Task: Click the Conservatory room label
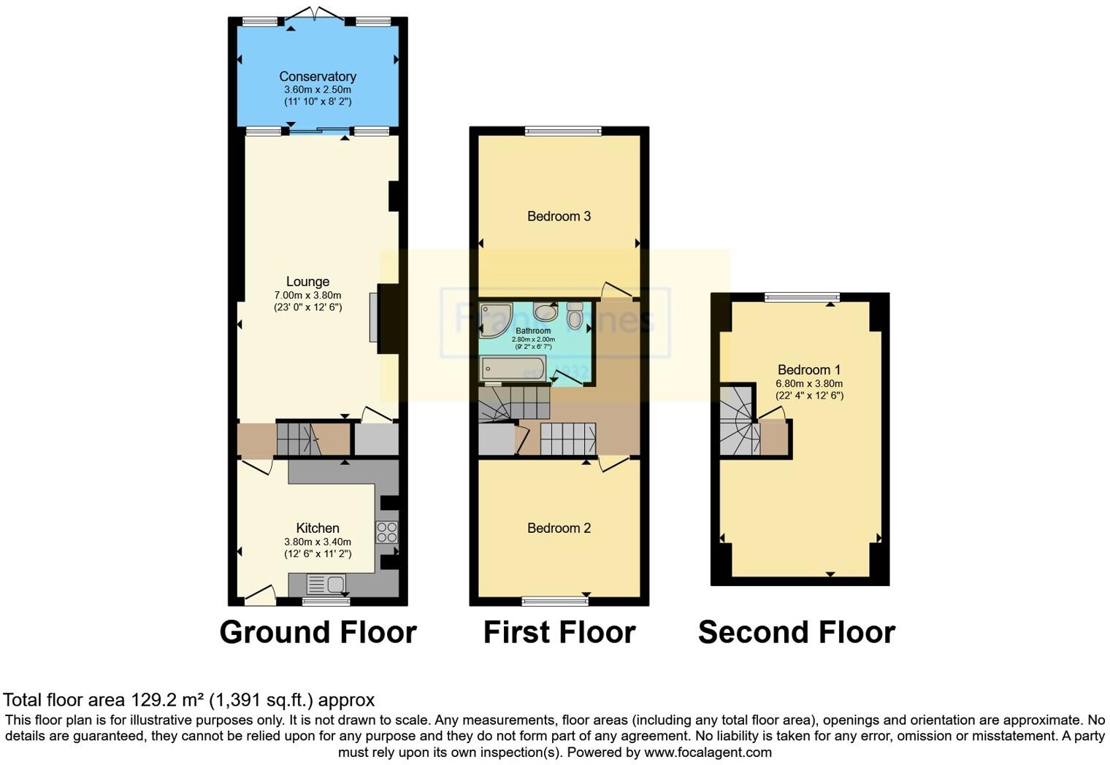tap(318, 77)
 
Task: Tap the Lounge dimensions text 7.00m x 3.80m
tap(307, 295)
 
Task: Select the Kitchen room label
tap(318, 528)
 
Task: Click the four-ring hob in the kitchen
tap(387, 532)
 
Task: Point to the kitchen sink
tap(326, 584)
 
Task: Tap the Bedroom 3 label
tap(559, 216)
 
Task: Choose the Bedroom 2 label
tap(559, 528)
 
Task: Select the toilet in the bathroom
tap(575, 316)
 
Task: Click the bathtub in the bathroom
tap(513, 369)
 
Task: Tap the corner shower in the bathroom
tap(494, 320)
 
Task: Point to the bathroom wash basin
tap(545, 312)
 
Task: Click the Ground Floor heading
tap(318, 632)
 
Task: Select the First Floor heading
tap(559, 632)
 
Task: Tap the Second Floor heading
tap(796, 632)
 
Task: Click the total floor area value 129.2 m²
tap(167, 700)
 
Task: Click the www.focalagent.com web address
tap(708, 752)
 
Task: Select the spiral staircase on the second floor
tap(739, 421)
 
